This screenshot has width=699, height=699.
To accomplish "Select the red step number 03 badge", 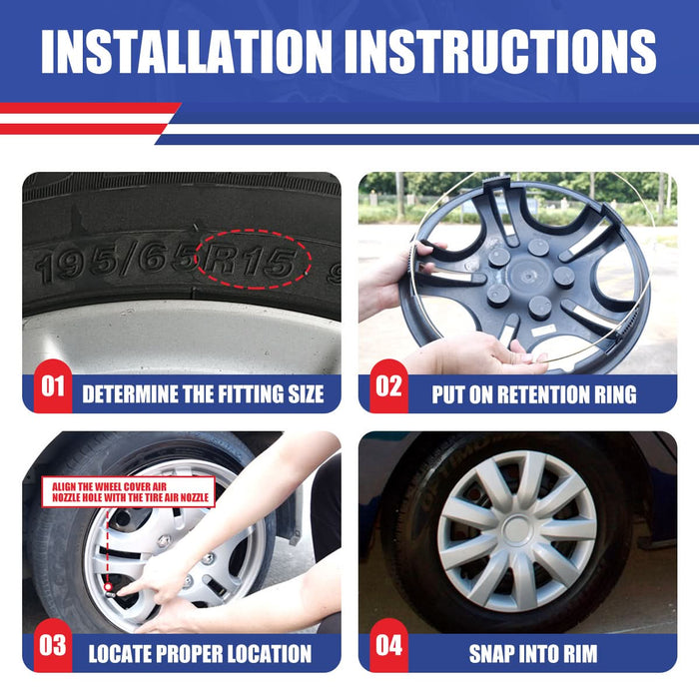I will pos(52,645).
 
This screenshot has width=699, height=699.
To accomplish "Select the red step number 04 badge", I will pos(388,645).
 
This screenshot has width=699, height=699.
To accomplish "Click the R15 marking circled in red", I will pos(252,263).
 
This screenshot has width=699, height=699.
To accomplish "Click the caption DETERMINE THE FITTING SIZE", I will pos(203,394).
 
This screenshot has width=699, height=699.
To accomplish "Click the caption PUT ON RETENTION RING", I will pos(533,394).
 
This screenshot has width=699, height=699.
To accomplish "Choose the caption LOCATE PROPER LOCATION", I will pos(200,655).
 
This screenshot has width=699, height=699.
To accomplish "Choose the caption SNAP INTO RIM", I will pos(533,655).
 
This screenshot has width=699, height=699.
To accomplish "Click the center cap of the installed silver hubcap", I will pos(516,528).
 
